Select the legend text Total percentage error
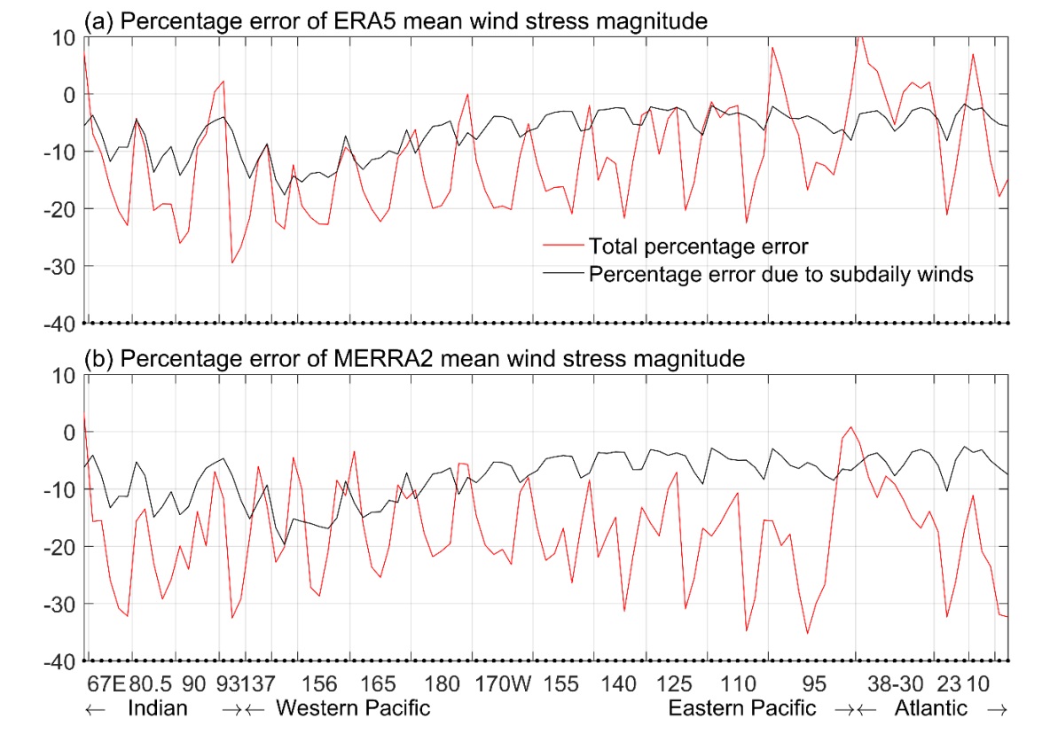tap(698, 244)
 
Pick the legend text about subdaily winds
tap(781, 274)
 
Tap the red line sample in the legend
tap(562, 244)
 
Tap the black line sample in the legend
tap(562, 274)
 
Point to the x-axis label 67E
tap(108, 683)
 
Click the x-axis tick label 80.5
tap(151, 683)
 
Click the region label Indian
tap(158, 708)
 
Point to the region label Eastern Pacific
tap(741, 708)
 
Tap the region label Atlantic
tap(931, 708)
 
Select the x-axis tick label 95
tap(814, 683)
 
